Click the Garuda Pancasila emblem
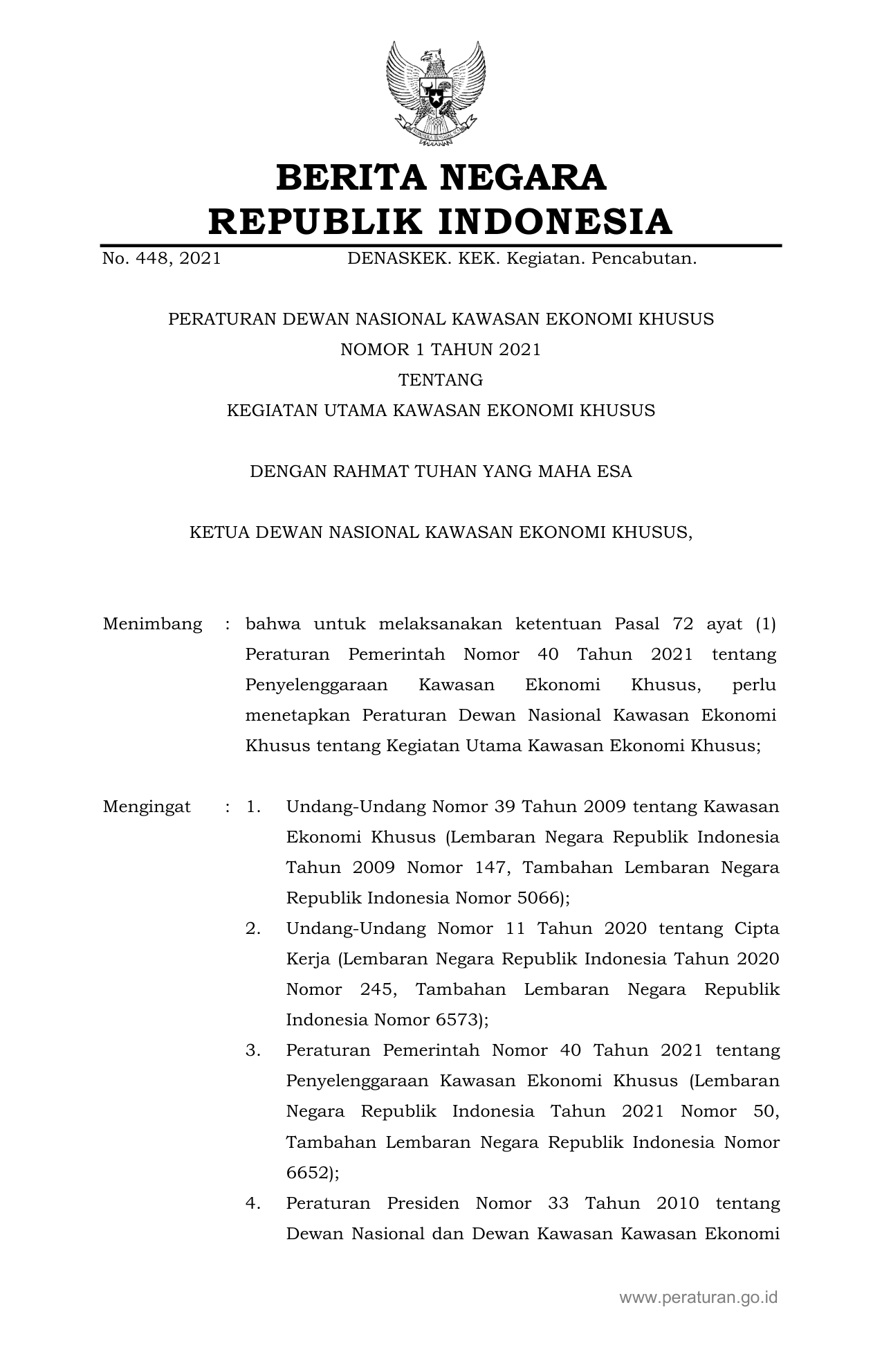[x=436, y=93]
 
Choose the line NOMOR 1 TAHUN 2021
[x=441, y=350]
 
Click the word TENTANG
[x=441, y=380]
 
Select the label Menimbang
[x=152, y=624]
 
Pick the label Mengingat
[x=147, y=807]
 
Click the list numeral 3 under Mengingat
[x=252, y=1051]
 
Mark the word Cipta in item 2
[x=757, y=929]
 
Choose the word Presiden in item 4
[x=423, y=1203]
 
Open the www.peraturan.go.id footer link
[x=699, y=1297]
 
